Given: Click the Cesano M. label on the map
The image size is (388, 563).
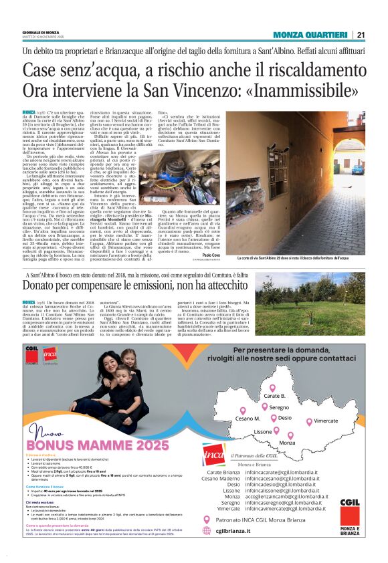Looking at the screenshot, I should point(248,419).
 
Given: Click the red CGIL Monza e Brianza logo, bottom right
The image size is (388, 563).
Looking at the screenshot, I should point(349,512).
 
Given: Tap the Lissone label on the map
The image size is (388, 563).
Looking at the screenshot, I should point(263,432).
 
